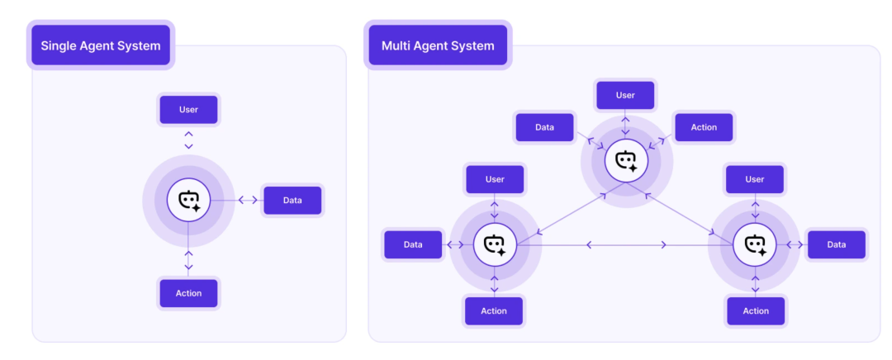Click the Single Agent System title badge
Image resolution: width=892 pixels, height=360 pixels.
(x=101, y=45)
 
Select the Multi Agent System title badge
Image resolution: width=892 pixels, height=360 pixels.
(x=438, y=45)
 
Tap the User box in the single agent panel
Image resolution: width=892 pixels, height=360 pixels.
(x=188, y=110)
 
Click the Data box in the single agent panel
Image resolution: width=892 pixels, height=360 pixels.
(x=292, y=200)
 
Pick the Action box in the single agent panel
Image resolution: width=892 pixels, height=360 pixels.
(x=188, y=293)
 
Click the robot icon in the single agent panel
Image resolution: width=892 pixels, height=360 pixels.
(x=189, y=200)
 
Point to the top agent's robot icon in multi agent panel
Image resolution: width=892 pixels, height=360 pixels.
(x=626, y=160)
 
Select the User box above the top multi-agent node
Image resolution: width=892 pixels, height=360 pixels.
(x=625, y=95)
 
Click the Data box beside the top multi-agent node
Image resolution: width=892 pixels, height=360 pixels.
(x=544, y=127)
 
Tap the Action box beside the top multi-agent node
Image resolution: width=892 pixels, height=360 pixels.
(x=704, y=127)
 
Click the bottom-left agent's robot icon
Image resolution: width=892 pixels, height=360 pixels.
(x=495, y=244)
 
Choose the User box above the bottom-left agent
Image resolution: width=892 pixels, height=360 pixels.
(x=495, y=179)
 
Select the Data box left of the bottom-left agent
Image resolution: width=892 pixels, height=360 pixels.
(x=413, y=244)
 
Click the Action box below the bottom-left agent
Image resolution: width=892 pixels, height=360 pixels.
(x=494, y=310)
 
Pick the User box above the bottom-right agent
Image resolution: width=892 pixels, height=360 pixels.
(x=755, y=179)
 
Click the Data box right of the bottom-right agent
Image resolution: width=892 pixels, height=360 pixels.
(x=836, y=244)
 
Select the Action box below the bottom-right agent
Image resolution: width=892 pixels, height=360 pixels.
(x=756, y=310)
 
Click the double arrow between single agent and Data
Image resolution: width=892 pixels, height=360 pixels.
(x=247, y=200)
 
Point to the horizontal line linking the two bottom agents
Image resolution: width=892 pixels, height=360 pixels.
(x=625, y=244)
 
